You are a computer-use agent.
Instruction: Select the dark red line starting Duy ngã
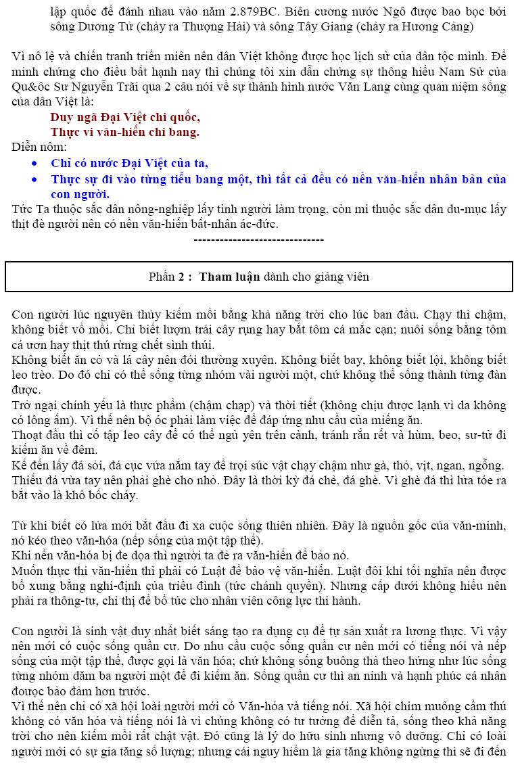click(x=125, y=117)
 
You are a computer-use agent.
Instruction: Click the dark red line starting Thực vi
click(x=125, y=132)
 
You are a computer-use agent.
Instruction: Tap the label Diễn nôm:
click(x=39, y=147)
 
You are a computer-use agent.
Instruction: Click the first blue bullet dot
click(x=35, y=164)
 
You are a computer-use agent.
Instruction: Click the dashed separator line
click(x=259, y=239)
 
